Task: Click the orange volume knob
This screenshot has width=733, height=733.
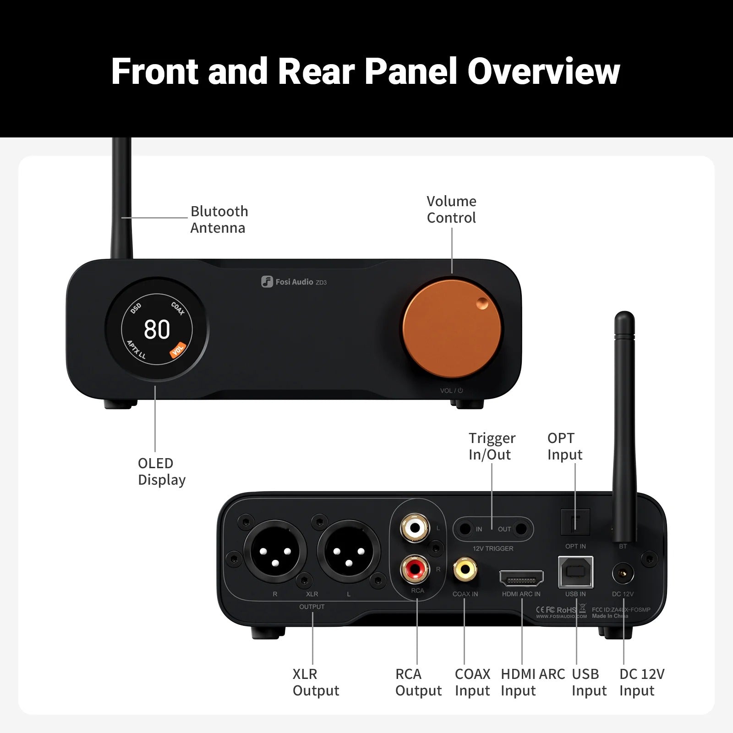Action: pos(452,329)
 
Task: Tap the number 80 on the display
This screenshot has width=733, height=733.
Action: pos(157,329)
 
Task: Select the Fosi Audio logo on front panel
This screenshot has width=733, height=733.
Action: pos(294,282)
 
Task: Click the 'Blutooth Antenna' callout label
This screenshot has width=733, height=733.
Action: pos(219,219)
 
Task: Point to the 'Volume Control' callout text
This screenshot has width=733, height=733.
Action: pos(451,209)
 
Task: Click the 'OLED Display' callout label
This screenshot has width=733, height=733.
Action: pos(161,471)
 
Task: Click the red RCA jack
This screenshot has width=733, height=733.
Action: pos(415,569)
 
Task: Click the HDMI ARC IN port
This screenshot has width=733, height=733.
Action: pos(521,579)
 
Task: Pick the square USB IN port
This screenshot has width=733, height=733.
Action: pos(575,572)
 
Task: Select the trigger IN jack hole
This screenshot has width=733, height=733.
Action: pos(465,529)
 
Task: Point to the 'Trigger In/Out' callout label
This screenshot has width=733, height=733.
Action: pos(492,446)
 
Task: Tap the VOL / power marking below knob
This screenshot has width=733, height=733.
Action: pos(452,391)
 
